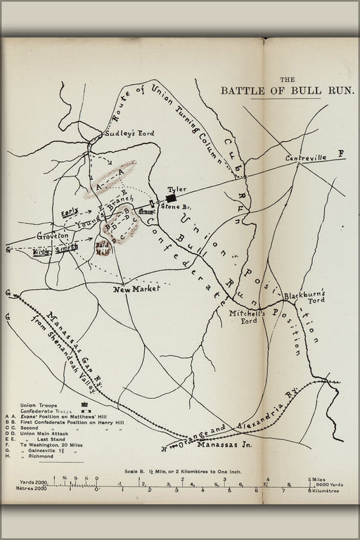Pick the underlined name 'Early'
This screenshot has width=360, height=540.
[x=69, y=212]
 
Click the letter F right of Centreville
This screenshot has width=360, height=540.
[x=342, y=154]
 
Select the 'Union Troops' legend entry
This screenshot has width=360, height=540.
[x=38, y=405]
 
